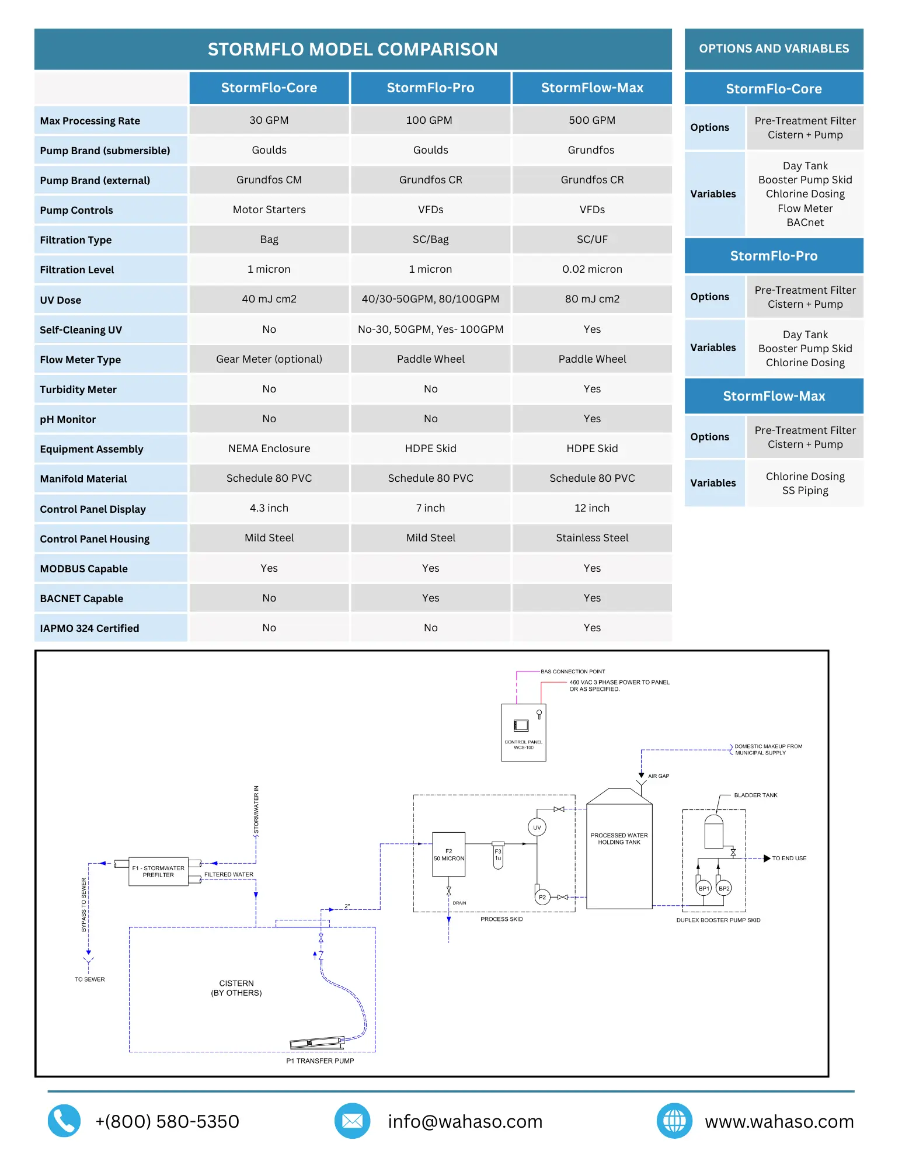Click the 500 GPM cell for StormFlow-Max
coord(592,120)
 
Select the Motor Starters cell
coord(269,210)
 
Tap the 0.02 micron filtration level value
coord(592,269)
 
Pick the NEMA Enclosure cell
coord(269,449)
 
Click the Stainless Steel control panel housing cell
coord(592,538)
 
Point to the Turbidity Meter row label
coord(78,390)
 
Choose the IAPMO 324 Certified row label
coord(89,628)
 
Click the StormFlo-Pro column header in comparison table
coord(431,88)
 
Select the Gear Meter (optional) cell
coord(269,359)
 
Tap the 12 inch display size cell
coord(592,508)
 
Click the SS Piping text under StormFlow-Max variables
coord(805,491)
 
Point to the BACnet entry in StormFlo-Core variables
coord(805,223)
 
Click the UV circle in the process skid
coord(537,827)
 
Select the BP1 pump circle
coord(704,888)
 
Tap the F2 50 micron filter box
coord(448,854)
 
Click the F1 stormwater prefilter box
coord(158,871)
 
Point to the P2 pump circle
coord(542,897)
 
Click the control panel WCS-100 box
coord(524,732)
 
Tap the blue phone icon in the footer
coord(64,1121)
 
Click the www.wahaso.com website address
coord(779,1122)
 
